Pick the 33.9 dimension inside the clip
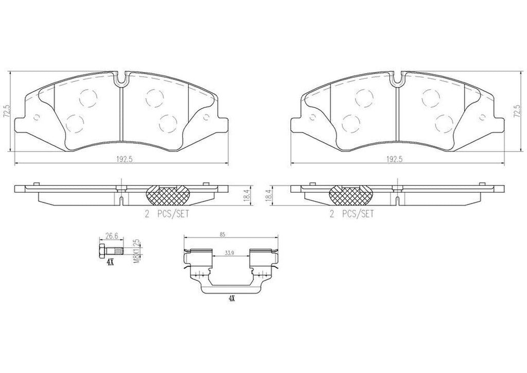[231, 253]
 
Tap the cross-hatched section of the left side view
[168, 194]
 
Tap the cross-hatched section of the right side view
[350, 194]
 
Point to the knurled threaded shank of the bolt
[118, 251]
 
